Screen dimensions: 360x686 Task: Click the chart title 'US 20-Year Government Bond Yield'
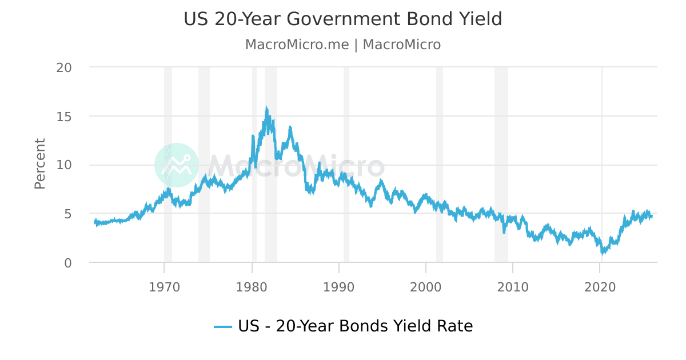tap(342, 19)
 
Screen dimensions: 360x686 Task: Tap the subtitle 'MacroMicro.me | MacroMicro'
tap(342, 45)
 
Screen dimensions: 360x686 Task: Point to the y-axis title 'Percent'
tap(39, 163)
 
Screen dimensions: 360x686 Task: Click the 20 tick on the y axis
tap(64, 67)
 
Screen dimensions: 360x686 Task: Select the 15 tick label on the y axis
tap(64, 117)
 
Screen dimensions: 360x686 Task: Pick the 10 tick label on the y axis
tap(64, 165)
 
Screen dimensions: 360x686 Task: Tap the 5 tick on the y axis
tap(67, 214)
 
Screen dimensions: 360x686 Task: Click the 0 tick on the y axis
tap(67, 263)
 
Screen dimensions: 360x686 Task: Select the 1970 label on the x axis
tap(164, 286)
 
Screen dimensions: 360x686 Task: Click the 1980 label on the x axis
tap(252, 286)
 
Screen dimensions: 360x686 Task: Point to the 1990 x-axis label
tap(338, 286)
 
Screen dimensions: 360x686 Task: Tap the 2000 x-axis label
tap(426, 286)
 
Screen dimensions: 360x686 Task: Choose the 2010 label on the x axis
tap(513, 286)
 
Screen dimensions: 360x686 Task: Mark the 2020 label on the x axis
tap(600, 286)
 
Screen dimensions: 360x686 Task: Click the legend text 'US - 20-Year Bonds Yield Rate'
tap(355, 326)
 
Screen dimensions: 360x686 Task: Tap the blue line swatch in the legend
tap(223, 327)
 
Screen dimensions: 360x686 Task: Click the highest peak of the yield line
tap(266, 108)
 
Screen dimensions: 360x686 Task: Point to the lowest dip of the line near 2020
tap(602, 253)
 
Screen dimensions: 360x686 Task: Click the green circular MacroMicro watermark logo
tap(177, 165)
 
